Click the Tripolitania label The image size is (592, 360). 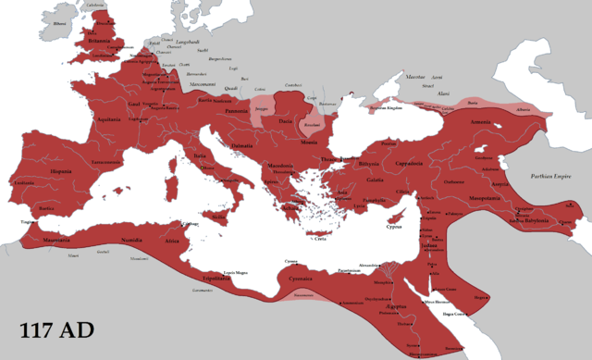[220, 277]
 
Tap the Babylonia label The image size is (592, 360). [534, 223]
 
